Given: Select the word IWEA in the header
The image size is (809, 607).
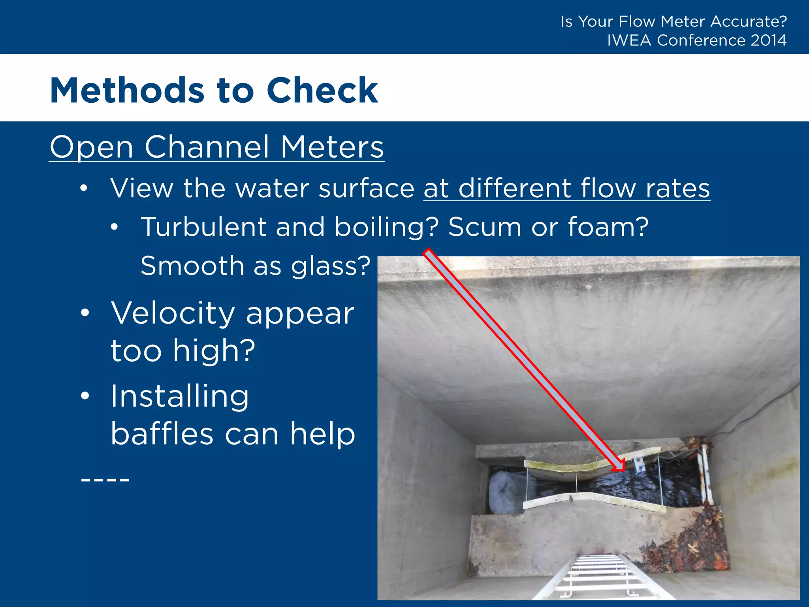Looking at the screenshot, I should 629,40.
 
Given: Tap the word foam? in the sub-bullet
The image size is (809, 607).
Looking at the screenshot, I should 608,227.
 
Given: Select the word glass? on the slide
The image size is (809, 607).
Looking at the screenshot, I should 331,266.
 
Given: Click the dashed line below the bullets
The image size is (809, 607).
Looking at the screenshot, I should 105,480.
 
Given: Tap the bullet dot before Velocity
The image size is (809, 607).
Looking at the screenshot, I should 85,313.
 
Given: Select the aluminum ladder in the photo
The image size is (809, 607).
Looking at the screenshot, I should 600,577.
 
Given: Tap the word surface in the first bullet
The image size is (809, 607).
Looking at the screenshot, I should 366,188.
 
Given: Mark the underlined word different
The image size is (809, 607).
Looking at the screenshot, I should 515,188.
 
